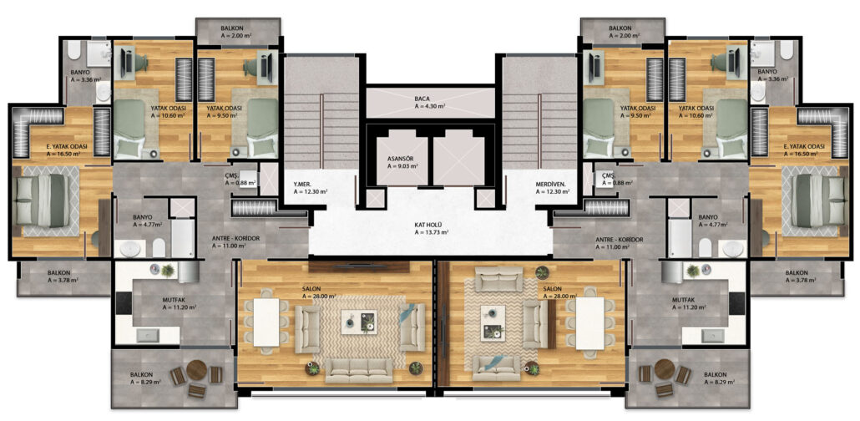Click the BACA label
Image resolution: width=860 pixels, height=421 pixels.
[x=422, y=99]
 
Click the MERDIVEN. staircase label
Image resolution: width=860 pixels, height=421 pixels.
[x=551, y=185]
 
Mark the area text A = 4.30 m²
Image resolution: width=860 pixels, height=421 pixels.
[x=429, y=106]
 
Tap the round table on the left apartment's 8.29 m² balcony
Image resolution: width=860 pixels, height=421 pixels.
[x=196, y=370]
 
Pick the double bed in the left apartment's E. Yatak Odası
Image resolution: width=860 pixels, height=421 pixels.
[x=43, y=200]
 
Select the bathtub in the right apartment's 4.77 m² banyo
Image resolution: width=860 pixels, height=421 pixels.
[x=679, y=238]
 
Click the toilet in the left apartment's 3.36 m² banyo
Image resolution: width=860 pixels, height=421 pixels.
[x=74, y=50]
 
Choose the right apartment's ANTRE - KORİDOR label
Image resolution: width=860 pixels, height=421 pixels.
[x=620, y=239]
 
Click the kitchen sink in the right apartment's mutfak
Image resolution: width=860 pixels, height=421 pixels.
[x=712, y=335]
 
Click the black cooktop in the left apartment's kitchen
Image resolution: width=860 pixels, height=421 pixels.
[x=124, y=303]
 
